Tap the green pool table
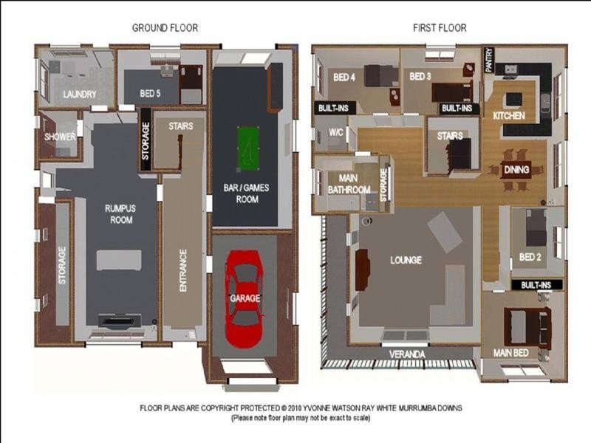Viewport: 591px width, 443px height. point(248,148)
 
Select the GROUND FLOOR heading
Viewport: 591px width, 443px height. point(165,28)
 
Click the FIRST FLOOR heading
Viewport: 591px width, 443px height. point(440,28)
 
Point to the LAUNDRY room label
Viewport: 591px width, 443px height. point(80,95)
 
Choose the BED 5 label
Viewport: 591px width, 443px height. point(150,93)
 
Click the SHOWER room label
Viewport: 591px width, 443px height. point(60,137)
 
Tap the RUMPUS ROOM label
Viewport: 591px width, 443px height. point(120,214)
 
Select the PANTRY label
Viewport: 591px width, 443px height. point(489,60)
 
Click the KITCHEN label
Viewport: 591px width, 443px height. point(509,116)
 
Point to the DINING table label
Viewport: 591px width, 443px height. point(516,170)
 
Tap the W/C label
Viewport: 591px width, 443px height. point(336,132)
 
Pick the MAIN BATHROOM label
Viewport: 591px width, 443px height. point(349,184)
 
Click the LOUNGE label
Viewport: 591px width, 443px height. point(406,260)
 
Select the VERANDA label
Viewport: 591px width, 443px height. point(407,354)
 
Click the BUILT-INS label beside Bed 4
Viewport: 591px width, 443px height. point(333,109)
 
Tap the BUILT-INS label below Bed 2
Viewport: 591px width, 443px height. point(536,285)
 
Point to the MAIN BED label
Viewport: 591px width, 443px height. point(510,353)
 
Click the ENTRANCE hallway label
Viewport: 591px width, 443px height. point(183,270)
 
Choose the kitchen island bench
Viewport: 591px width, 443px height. point(513,100)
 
